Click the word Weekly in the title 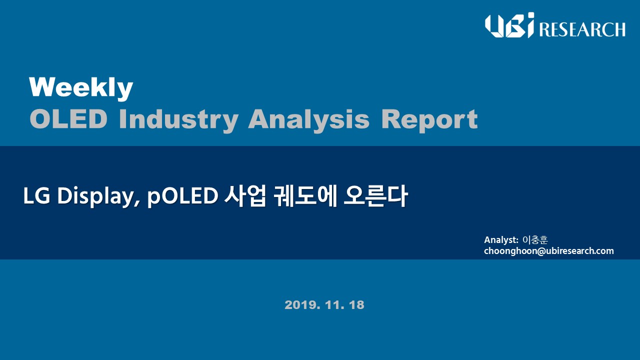tap(81, 87)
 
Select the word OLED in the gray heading tap(68, 119)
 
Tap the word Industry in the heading tap(178, 120)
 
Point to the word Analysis tap(309, 120)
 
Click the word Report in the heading tap(429, 120)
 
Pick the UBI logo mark tap(509, 25)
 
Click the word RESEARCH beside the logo tap(582, 29)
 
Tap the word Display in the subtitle tap(95, 197)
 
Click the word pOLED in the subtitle tap(182, 197)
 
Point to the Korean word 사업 tap(245, 196)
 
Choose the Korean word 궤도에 tap(305, 196)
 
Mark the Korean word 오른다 tap(375, 196)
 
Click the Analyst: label tap(501, 240)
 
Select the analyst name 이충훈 tap(535, 240)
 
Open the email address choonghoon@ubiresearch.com tap(549, 251)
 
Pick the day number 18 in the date tap(356, 305)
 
